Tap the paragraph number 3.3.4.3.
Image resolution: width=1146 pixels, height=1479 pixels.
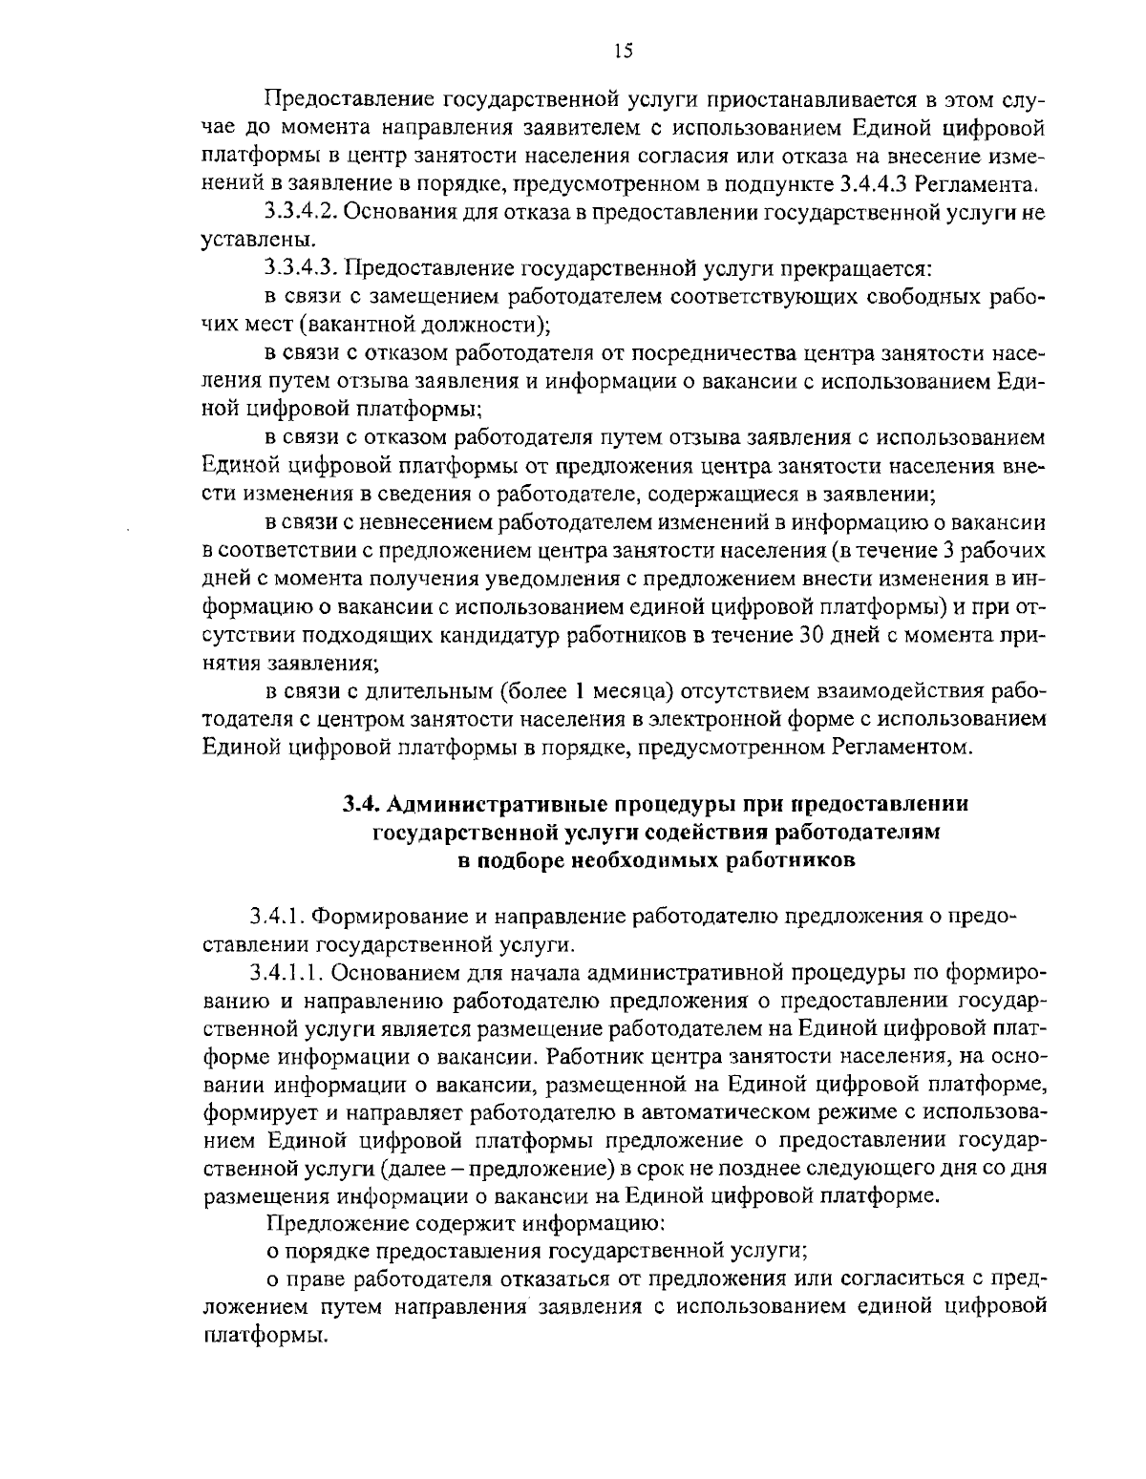click(x=300, y=268)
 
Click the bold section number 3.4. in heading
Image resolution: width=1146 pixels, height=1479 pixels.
click(x=364, y=805)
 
